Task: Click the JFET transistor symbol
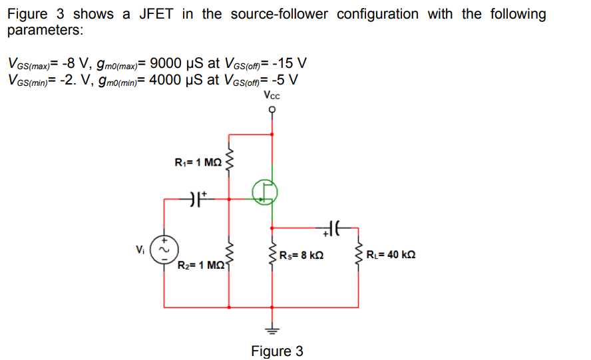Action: coord(265,192)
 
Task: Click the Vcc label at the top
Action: coord(272,96)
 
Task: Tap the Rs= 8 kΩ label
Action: coord(301,255)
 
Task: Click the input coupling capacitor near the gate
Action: coord(196,198)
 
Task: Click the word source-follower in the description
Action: coord(278,14)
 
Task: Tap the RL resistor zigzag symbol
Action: coord(359,255)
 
